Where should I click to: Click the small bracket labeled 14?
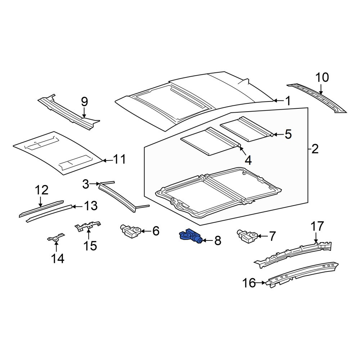pos(55,238)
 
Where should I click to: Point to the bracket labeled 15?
pos(87,226)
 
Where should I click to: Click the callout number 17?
pos(317,226)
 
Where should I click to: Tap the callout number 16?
pos(249,283)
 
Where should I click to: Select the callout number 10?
pos(322,78)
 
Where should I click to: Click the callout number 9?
pos(84,102)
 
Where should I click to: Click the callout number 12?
pos(41,190)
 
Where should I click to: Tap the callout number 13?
pos(91,206)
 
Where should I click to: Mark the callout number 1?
pos(288,101)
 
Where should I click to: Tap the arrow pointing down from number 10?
pos(321,89)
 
